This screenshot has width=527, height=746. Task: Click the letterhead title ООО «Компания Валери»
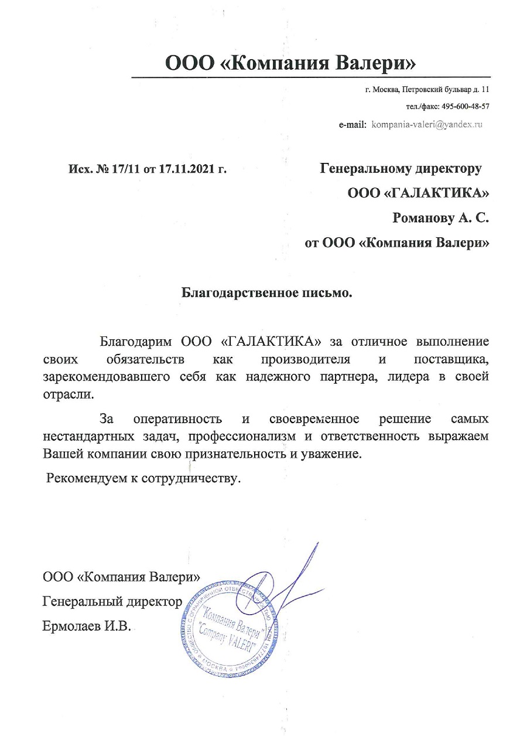291,62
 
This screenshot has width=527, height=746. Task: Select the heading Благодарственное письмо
266,291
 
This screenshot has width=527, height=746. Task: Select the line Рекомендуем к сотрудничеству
144,478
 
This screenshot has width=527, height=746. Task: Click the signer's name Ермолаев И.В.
88,626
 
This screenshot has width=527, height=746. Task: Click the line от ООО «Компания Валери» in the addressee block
398,243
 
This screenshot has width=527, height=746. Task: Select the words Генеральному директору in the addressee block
401,169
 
